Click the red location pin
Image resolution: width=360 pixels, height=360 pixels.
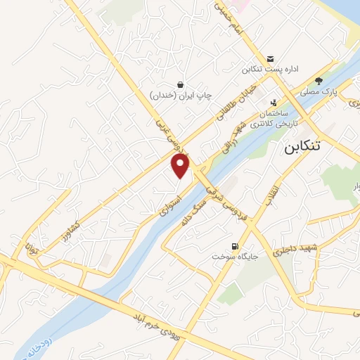click(x=181, y=166)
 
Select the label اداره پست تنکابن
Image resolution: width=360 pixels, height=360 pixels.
click(x=272, y=70)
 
